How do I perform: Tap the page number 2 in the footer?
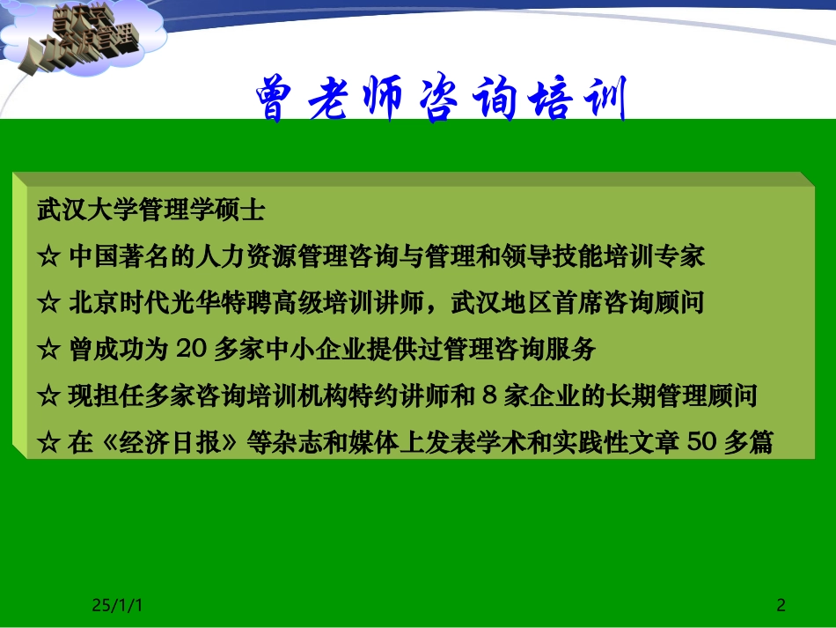pyautogui.click(x=781, y=605)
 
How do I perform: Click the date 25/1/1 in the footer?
pyautogui.click(x=118, y=605)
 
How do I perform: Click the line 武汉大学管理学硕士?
pyautogui.click(x=150, y=211)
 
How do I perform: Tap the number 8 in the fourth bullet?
pyautogui.click(x=491, y=395)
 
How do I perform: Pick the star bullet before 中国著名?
pyautogui.click(x=48, y=257)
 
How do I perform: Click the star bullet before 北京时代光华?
pyautogui.click(x=48, y=304)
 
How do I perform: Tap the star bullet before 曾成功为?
pyautogui.click(x=48, y=350)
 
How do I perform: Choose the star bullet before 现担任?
pyautogui.click(x=48, y=396)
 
